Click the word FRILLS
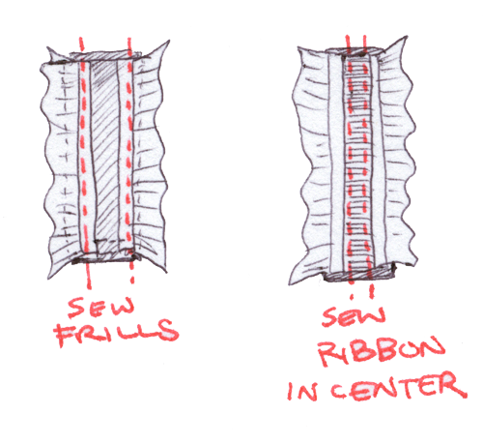tap(117, 332)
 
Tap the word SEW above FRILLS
tap(100, 307)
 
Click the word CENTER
tap(399, 386)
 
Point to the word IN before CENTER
tap(302, 391)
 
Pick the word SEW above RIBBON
tap(354, 316)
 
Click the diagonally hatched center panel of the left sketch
tap(106, 155)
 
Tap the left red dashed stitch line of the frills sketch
tap(84, 162)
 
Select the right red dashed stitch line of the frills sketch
tap(129, 162)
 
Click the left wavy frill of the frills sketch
tap(61, 162)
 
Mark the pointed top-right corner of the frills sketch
tap(169, 41)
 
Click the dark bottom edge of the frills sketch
tap(105, 258)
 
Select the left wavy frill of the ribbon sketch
tap(312, 164)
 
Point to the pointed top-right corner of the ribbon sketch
tap(407, 37)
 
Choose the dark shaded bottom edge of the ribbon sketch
tap(360, 275)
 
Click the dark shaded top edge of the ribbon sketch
tap(355, 51)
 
